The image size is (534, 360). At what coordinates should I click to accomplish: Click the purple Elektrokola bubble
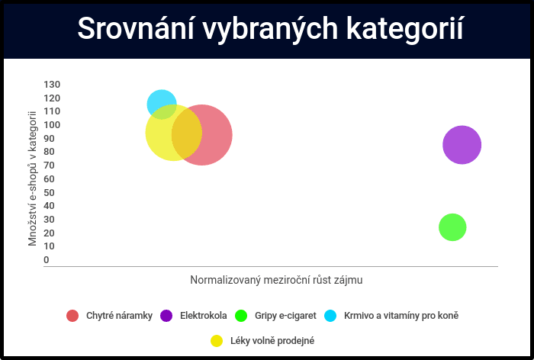point(462,145)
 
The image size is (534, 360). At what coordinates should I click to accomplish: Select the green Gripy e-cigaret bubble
point(452,227)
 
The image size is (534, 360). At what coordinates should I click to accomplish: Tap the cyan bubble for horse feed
point(162,104)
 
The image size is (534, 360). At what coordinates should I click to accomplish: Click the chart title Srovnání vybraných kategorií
point(270,29)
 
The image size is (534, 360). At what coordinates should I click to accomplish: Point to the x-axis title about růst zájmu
point(276,280)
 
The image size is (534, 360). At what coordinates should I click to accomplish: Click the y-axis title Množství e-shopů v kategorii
point(32,178)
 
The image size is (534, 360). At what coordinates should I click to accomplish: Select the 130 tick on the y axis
point(52,85)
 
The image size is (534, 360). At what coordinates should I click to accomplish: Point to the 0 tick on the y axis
point(47,260)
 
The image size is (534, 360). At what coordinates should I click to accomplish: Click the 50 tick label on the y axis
point(49,192)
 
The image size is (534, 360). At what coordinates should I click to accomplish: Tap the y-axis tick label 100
point(52,125)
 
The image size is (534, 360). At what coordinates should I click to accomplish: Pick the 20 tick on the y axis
point(49,233)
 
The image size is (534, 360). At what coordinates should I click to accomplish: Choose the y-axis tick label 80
point(49,152)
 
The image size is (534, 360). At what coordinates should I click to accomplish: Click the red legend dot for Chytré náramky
point(72,316)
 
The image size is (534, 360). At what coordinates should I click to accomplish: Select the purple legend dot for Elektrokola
point(166,316)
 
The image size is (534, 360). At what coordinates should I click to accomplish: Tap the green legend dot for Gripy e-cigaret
point(241,316)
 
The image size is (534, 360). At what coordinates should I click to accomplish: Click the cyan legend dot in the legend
point(330,316)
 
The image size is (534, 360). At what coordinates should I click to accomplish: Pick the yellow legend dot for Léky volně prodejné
point(217,341)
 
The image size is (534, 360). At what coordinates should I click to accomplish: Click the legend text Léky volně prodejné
point(272,341)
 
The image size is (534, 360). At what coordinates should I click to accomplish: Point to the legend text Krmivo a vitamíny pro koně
point(401,316)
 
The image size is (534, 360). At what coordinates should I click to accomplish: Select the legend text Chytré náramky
point(119,316)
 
